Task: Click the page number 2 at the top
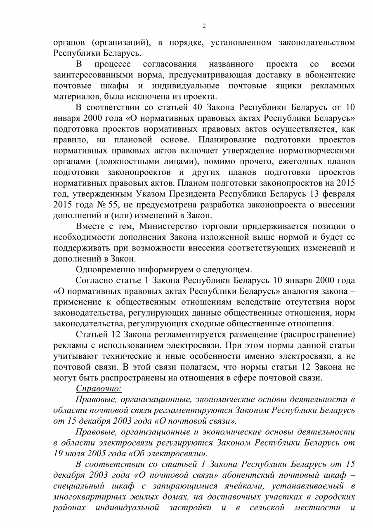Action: pyautogui.click(x=204, y=26)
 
